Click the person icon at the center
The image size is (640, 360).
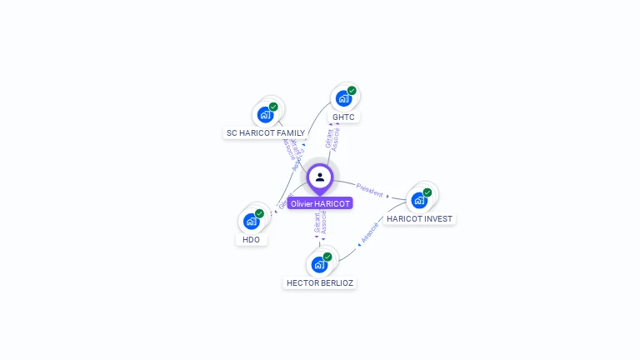click(320, 177)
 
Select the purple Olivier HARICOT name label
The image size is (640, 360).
click(320, 203)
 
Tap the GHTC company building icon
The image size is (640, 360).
click(343, 98)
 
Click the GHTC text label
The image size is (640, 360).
click(343, 117)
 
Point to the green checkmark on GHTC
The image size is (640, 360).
click(352, 91)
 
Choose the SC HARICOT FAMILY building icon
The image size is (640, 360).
click(265, 114)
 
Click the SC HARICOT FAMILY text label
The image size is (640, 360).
click(266, 133)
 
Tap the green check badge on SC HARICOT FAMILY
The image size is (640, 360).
click(273, 107)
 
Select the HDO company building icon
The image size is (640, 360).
click(251, 221)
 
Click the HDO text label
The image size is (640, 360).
click(251, 240)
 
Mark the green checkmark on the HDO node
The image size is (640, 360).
click(259, 214)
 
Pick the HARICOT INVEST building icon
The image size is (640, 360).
click(419, 200)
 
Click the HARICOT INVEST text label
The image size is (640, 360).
click(419, 219)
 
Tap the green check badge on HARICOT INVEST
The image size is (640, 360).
click(427, 192)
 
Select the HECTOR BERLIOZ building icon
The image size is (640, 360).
click(319, 264)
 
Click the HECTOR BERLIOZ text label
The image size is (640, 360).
click(320, 283)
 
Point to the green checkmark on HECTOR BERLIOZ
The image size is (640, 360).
click(327, 257)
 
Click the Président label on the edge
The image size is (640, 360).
click(369, 189)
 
